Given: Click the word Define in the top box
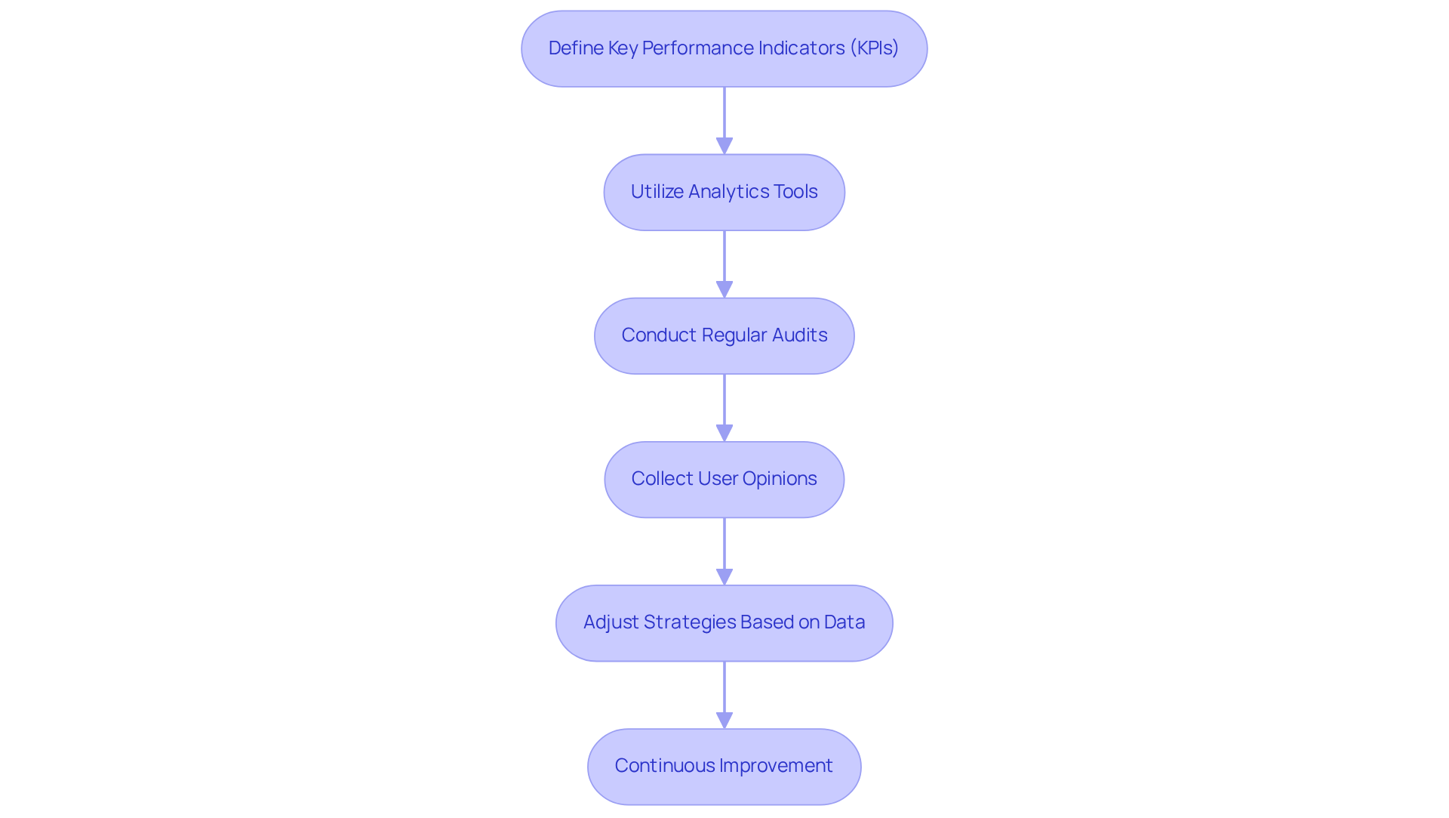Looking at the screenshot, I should click(x=576, y=48).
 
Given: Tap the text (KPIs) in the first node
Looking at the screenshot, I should click(x=874, y=48).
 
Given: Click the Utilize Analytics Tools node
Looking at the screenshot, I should click(x=724, y=193).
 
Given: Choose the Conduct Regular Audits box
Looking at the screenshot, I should click(x=724, y=336).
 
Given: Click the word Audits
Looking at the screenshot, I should click(x=799, y=335).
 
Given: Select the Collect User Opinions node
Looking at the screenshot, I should click(x=724, y=480).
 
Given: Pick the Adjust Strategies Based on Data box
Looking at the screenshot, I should click(x=724, y=623).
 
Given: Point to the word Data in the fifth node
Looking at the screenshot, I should click(x=844, y=622).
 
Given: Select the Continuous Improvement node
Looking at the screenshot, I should click(x=724, y=767).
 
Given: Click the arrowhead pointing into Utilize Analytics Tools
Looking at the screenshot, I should click(x=724, y=146).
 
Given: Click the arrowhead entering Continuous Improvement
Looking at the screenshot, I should click(x=724, y=720).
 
